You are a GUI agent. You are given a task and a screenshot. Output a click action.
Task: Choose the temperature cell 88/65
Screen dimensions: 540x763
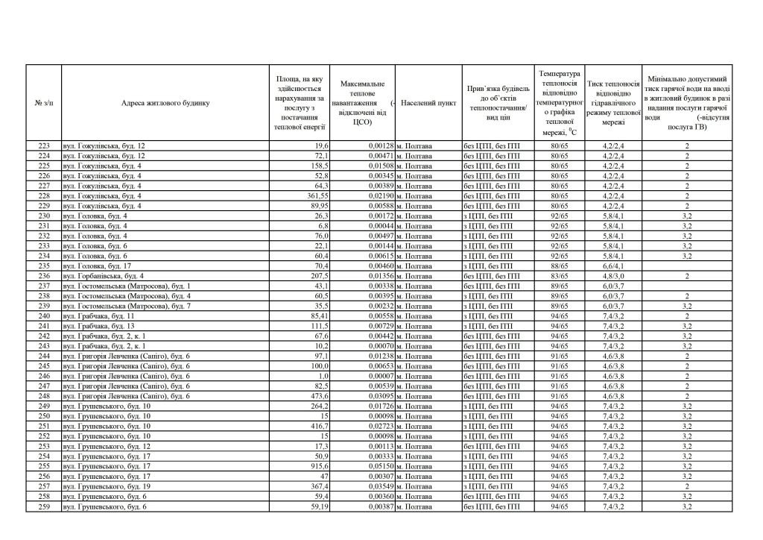click(559, 266)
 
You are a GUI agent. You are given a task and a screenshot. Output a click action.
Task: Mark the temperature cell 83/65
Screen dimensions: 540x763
click(559, 276)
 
